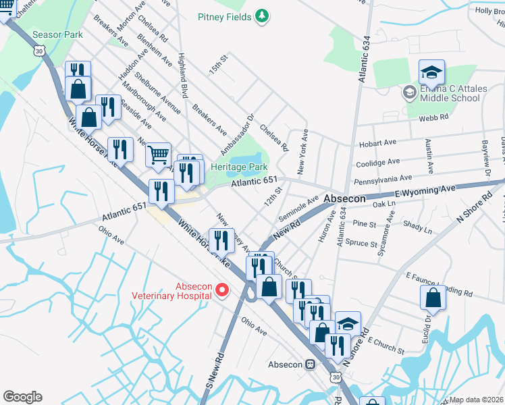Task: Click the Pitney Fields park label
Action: [224, 16]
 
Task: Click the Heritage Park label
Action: [239, 167]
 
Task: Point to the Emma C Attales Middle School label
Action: [450, 93]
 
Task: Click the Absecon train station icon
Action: [311, 364]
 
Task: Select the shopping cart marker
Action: [158, 155]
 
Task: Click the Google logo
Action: [22, 397]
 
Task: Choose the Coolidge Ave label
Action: [377, 163]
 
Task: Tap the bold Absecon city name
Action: [344, 199]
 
